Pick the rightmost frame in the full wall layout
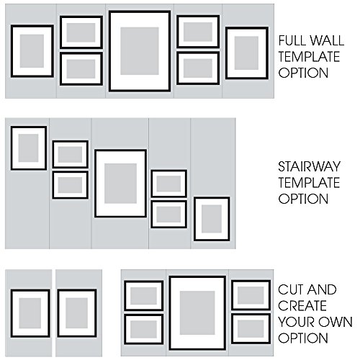247,53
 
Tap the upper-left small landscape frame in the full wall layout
81,32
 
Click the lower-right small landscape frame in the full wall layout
197,67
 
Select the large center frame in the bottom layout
197,310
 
